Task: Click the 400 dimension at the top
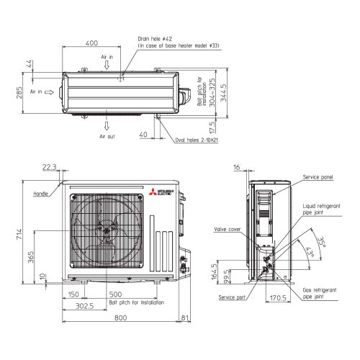(x=91, y=43)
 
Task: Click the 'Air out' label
(x=107, y=135)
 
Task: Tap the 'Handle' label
(x=40, y=194)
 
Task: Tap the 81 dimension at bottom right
(x=186, y=318)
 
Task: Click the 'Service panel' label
(x=318, y=176)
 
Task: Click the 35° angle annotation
(x=322, y=241)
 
